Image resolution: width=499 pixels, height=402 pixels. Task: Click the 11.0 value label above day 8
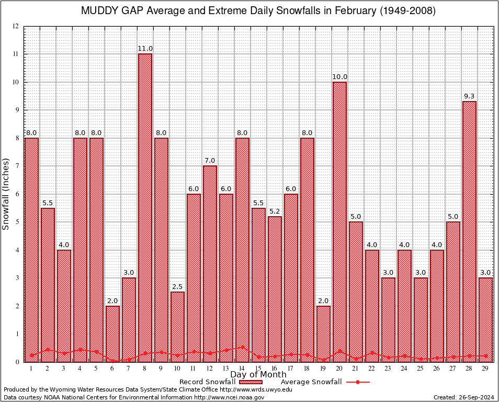click(145, 49)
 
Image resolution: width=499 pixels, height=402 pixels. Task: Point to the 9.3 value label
click(469, 96)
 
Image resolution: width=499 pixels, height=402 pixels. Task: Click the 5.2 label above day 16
click(275, 211)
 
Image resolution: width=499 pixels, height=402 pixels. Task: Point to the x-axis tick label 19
click(323, 369)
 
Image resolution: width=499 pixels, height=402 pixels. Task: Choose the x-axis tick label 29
click(485, 369)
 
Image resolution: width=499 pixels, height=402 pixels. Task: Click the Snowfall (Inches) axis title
click(6, 194)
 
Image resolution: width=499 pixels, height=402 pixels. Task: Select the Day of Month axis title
click(258, 375)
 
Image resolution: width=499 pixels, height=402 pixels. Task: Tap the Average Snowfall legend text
click(311, 382)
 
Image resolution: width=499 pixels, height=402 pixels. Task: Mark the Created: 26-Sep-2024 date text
click(463, 397)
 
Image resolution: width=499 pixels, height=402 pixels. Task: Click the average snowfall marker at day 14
click(242, 347)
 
